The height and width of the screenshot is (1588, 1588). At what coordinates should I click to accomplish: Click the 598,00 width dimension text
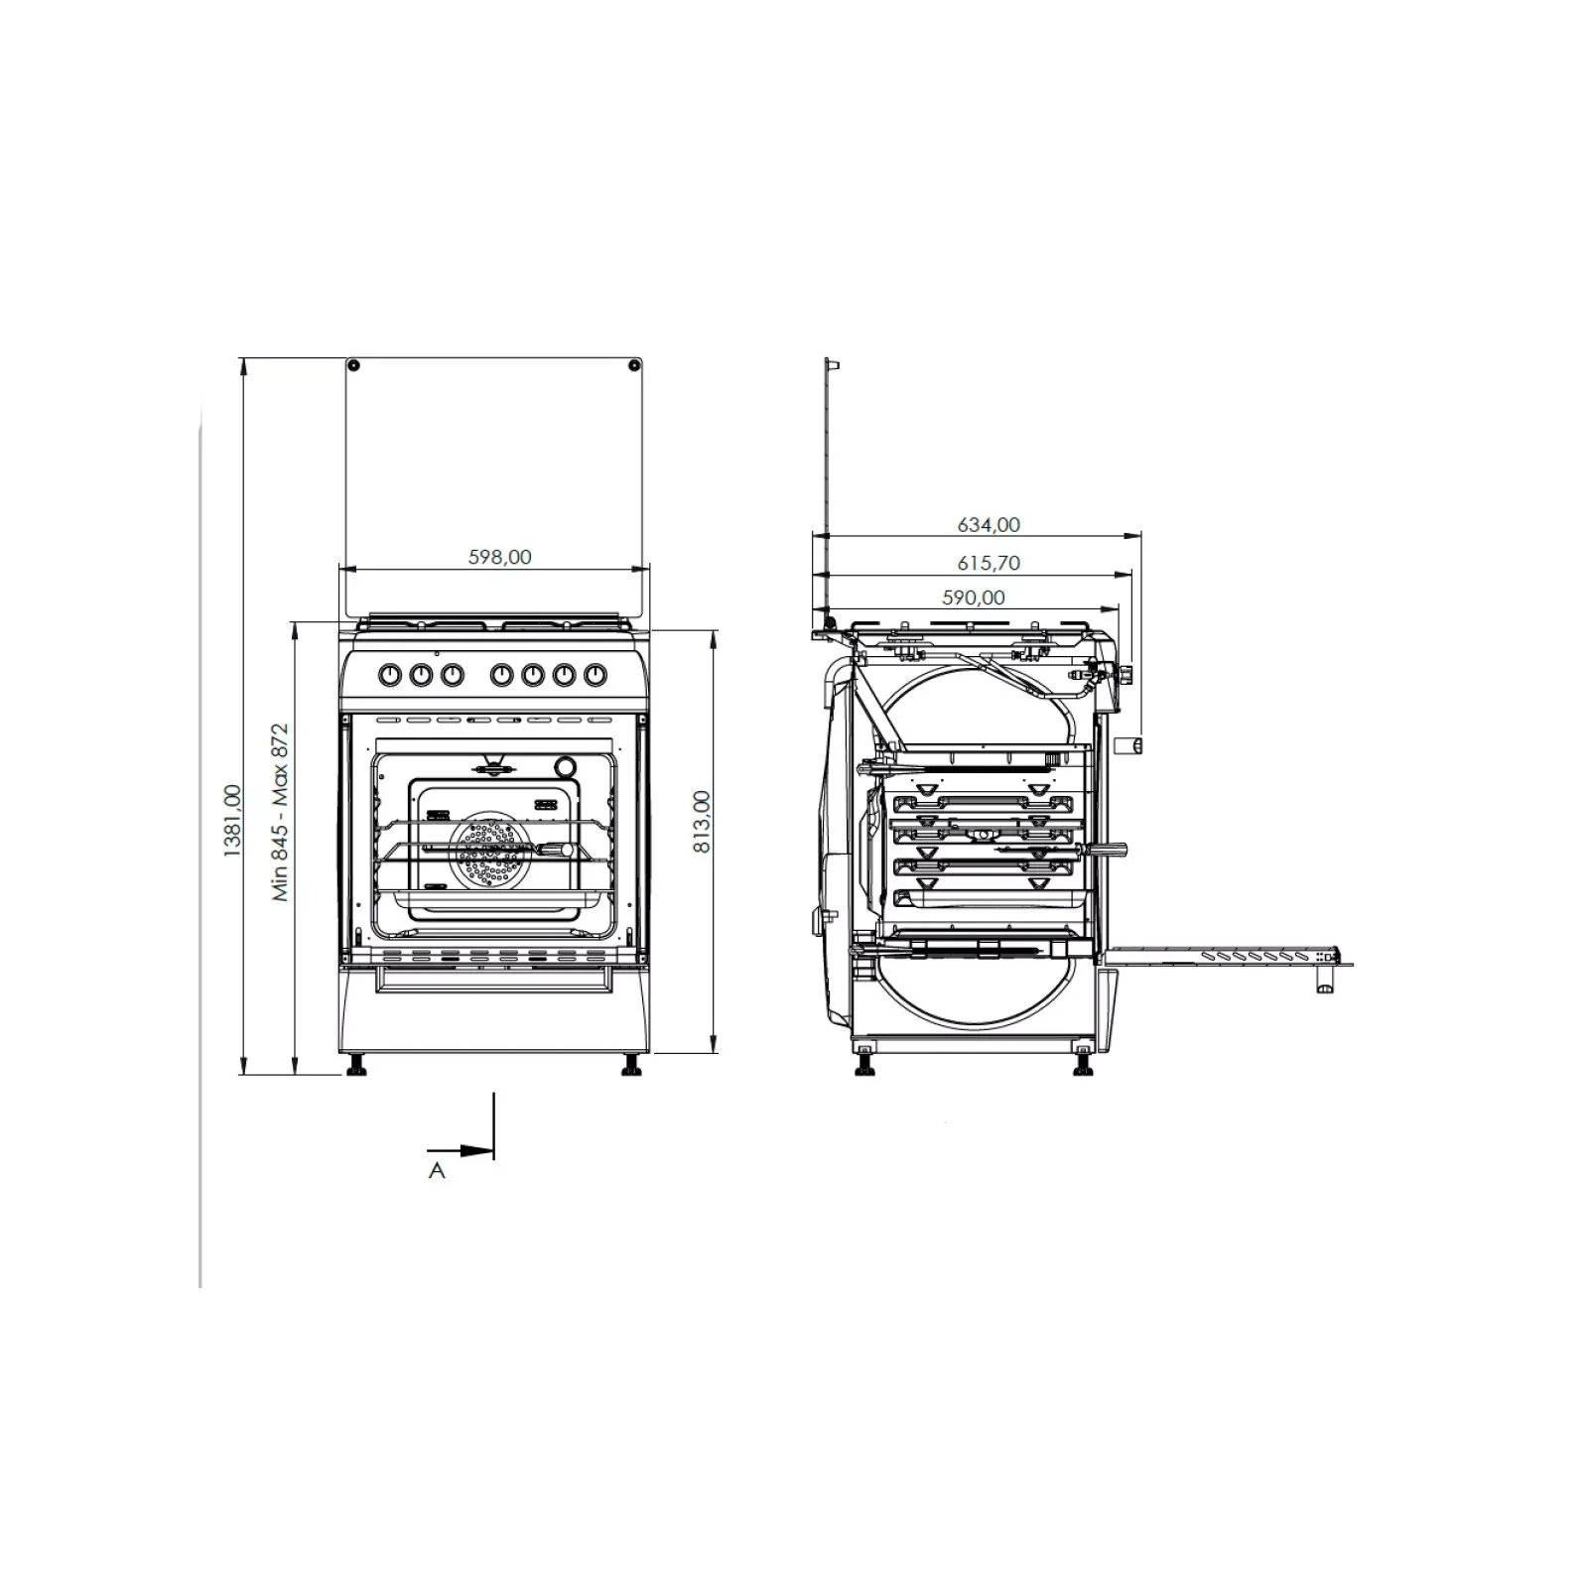499,557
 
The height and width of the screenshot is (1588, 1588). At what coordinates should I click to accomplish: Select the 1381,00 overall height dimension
231,820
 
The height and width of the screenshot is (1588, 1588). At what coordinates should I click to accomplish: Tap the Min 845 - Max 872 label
281,812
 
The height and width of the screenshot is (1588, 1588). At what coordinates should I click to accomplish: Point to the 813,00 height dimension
702,822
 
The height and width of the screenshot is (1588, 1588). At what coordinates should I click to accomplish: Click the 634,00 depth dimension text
988,524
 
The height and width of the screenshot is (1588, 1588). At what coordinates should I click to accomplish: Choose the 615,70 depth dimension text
988,563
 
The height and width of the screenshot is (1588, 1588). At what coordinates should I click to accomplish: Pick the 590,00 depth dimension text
973,597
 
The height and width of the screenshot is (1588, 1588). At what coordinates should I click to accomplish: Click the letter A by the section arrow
437,1171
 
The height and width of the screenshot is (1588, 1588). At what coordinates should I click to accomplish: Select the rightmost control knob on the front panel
595,676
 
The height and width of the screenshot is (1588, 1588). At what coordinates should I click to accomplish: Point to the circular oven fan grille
486,851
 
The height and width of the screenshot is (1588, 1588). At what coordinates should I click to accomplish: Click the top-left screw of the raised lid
354,366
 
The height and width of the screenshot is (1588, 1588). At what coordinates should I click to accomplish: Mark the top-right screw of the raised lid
633,366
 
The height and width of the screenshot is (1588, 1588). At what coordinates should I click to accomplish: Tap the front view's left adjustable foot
355,1066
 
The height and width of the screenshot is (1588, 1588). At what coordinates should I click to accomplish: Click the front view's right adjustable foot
630,1066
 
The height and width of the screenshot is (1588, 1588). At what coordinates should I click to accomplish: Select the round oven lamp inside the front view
565,767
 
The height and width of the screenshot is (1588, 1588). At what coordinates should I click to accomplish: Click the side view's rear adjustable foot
865,1066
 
